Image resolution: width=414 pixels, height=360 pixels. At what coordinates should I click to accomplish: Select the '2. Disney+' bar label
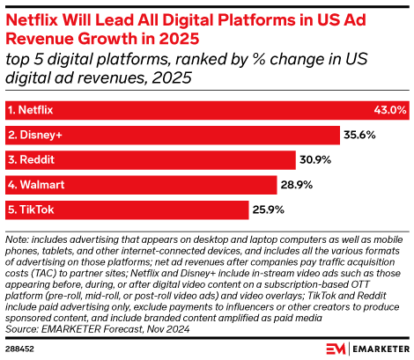(33, 135)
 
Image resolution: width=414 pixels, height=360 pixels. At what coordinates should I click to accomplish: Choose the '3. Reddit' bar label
(29, 160)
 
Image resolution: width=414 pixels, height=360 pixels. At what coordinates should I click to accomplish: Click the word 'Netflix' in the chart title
(39, 15)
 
